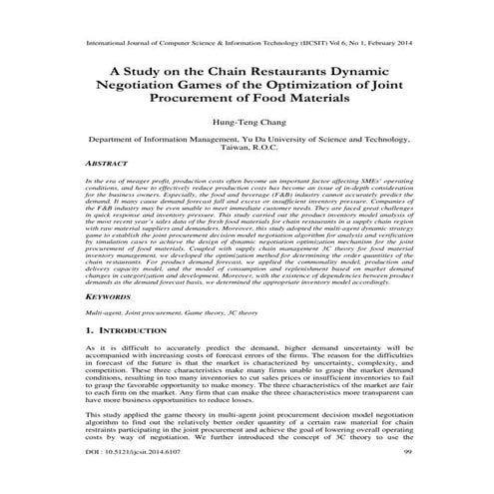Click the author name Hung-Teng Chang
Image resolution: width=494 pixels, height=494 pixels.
[x=246, y=123]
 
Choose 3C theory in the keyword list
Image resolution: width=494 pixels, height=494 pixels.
[x=241, y=312]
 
